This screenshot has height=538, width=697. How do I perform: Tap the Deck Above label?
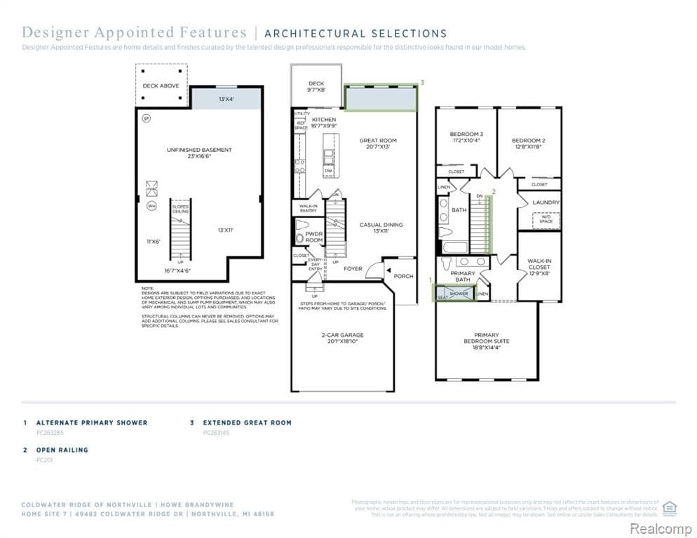point(161,86)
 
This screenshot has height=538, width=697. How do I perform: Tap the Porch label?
point(403,276)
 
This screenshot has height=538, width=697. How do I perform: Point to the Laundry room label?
point(546,202)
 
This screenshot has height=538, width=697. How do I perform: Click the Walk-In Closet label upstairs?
point(539,264)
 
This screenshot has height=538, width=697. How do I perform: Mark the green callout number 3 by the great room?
point(422,83)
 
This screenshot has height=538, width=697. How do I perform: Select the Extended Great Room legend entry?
point(247,423)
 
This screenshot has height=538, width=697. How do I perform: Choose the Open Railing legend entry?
point(62,450)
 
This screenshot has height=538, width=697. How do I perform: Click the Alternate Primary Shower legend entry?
point(91,423)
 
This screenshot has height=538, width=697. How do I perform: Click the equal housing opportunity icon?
point(670,507)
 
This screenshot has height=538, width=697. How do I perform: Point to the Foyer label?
point(353,268)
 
